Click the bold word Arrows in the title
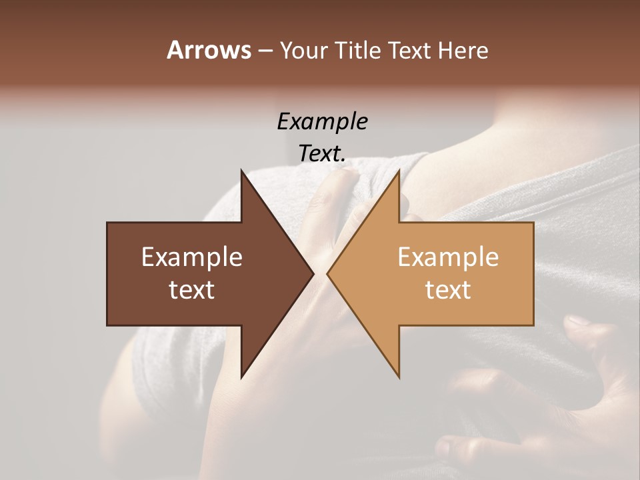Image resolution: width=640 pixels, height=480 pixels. [x=209, y=50]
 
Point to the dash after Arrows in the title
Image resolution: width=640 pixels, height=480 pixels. [x=265, y=51]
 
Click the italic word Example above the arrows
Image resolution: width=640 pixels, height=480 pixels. [x=323, y=122]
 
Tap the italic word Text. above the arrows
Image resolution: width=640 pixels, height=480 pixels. [x=323, y=154]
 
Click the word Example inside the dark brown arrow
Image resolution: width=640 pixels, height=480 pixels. [x=192, y=257]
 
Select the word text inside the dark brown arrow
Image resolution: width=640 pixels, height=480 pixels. [x=192, y=290]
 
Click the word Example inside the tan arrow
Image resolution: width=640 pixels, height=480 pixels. [x=448, y=257]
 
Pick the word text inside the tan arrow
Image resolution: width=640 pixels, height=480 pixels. [x=448, y=290]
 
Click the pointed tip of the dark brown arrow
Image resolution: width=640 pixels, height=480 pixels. [x=313, y=273]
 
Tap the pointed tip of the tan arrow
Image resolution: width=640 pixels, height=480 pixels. [x=327, y=273]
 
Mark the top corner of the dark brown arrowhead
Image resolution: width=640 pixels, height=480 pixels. [x=242, y=171]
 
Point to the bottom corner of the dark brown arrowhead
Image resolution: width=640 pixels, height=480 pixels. [x=242, y=377]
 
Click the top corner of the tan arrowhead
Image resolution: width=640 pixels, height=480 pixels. [x=399, y=171]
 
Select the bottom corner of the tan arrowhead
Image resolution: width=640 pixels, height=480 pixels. [x=399, y=377]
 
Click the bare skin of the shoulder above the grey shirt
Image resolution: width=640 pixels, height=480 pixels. [x=480, y=143]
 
